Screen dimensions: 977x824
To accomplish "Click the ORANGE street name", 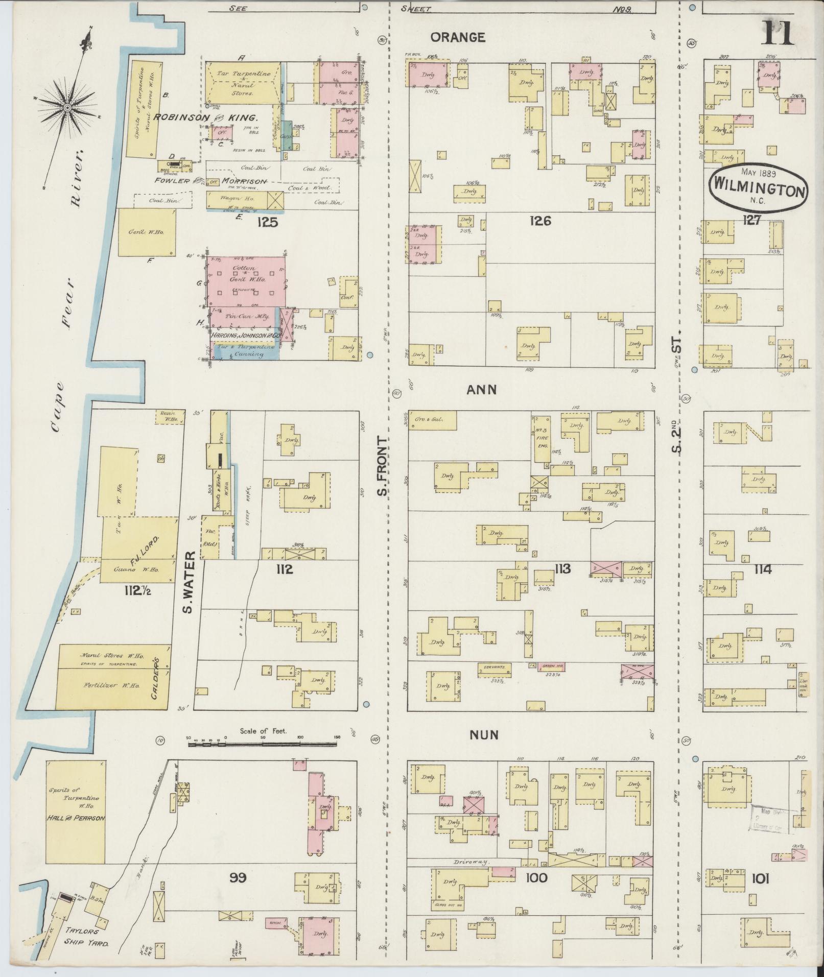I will click(x=457, y=37).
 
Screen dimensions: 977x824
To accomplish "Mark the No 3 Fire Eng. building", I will click(x=542, y=437).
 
